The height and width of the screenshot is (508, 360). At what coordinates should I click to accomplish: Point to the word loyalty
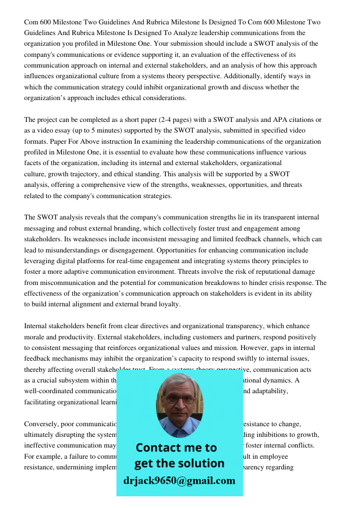[165, 304]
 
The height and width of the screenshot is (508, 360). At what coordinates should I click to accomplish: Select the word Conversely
[42, 424]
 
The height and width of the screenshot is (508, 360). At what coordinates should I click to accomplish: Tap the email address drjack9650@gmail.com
[179, 481]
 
